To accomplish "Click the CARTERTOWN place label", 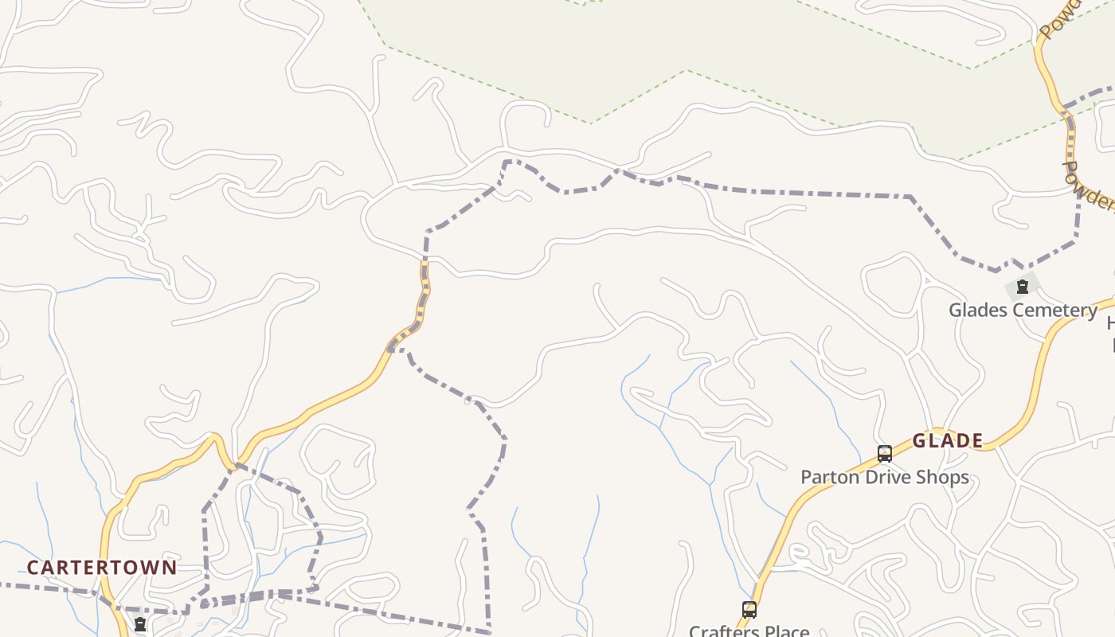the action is [x=102, y=568].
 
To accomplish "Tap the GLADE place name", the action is [x=947, y=441].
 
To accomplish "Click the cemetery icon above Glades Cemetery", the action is [x=1023, y=287].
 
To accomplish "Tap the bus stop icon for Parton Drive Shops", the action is [x=884, y=454].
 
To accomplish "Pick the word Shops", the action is [x=945, y=478].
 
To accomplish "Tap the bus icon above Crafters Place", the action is [x=749, y=610].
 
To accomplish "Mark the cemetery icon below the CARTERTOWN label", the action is [x=140, y=625].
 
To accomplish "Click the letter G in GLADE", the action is [x=919, y=441].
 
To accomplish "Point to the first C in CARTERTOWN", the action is [x=33, y=568].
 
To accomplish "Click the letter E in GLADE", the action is [x=976, y=441].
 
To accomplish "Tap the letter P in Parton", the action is [x=805, y=478].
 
